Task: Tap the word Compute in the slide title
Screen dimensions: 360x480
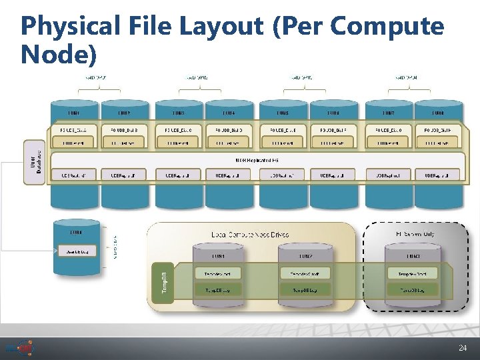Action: [387, 27]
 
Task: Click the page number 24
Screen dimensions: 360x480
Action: [463, 348]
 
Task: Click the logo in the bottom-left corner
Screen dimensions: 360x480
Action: [19, 347]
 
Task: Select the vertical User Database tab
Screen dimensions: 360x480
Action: [35, 162]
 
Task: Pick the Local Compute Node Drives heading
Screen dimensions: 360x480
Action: [250, 235]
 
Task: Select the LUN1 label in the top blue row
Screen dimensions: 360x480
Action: [75, 113]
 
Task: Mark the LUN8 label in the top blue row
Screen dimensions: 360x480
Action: [439, 113]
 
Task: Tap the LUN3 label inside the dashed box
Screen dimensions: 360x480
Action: [413, 255]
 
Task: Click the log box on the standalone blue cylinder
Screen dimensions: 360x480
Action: [76, 251]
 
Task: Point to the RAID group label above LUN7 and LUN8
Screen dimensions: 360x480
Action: [406, 77]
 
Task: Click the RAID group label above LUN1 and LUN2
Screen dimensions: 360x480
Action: [95, 77]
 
